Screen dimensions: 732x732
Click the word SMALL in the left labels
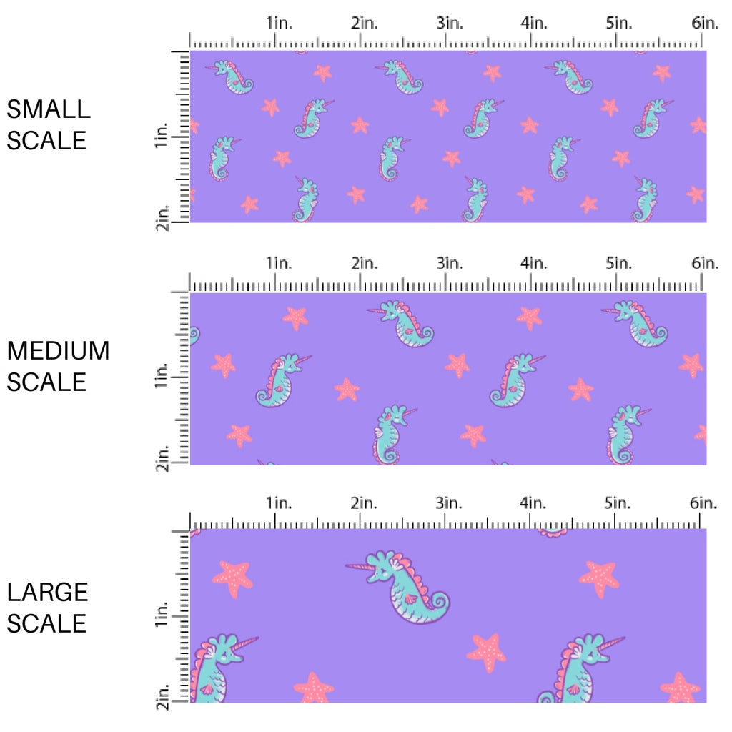[x=49, y=109]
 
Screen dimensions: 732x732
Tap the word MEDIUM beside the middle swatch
[x=59, y=351]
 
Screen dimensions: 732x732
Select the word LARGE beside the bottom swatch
[x=48, y=592]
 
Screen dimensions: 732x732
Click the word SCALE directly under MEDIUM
[x=46, y=382]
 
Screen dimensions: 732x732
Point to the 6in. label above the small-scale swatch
[x=705, y=23]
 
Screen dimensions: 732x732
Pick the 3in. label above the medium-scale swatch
[x=450, y=264]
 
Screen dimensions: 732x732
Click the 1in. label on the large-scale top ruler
[x=280, y=503]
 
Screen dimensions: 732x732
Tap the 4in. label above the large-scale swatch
[x=533, y=503]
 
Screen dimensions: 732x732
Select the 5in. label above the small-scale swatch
[x=619, y=23]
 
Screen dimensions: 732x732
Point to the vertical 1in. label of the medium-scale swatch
[x=161, y=375]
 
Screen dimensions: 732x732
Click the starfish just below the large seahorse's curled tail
[x=486, y=652]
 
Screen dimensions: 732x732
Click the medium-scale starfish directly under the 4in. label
[x=529, y=317]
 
